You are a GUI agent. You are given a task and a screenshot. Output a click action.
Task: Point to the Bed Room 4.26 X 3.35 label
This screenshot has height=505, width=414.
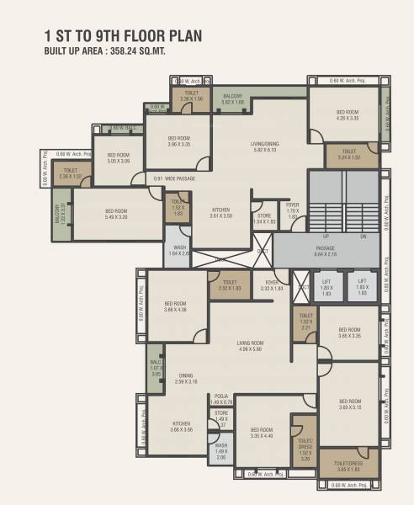coord(348,115)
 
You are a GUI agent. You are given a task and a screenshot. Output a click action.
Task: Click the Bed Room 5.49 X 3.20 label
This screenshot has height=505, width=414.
coord(116,214)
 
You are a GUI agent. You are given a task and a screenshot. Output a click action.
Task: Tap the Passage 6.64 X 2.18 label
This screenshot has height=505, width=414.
coord(326,251)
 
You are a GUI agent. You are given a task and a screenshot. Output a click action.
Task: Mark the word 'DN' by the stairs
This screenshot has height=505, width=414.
coord(364,237)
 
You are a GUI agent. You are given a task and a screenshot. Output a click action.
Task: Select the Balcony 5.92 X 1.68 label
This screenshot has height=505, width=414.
coord(233,101)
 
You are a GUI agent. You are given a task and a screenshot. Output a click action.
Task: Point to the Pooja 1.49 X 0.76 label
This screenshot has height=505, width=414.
coord(221,399)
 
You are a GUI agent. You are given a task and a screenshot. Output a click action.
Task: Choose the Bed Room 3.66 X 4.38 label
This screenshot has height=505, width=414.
coord(176,306)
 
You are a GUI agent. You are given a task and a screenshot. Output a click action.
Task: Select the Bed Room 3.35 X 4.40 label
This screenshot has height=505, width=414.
coord(262,432)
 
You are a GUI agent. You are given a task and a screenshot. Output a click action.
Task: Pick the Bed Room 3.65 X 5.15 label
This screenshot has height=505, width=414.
coord(349,404)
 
